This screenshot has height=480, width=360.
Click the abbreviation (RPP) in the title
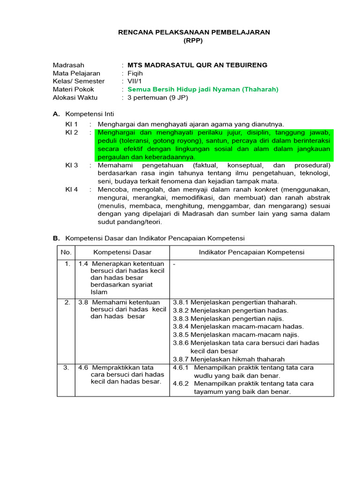coord(193,41)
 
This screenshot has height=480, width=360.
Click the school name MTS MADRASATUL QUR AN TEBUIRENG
coord(197,65)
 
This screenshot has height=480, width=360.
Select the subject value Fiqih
coord(135,73)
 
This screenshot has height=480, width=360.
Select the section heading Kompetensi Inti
coord(90,114)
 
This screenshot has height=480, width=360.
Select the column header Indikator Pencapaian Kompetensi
coord(251,252)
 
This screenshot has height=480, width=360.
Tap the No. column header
coord(66,252)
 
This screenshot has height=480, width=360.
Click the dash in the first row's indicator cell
coord(174,264)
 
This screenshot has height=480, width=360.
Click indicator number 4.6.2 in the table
coord(180,383)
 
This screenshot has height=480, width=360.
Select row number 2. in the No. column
coord(67,302)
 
